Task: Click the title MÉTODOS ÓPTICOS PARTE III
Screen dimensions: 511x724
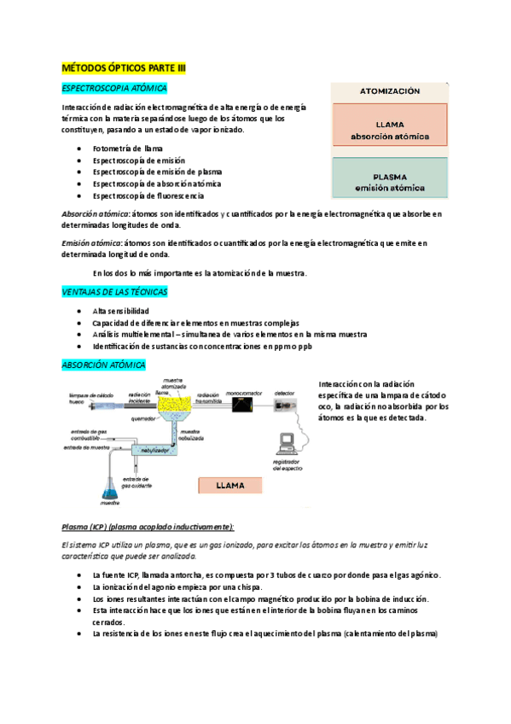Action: (x=124, y=67)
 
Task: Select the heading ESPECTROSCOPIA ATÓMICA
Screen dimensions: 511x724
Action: (x=114, y=88)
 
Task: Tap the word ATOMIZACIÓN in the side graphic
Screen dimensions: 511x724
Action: (x=390, y=90)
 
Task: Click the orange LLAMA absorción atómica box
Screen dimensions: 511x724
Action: (x=390, y=130)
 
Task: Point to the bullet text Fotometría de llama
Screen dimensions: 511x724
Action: (x=126, y=149)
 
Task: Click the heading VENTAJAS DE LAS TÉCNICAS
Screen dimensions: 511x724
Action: (x=114, y=292)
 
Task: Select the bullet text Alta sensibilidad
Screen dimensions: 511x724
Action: (x=121, y=312)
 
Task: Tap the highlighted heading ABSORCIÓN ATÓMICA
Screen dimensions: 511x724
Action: (x=104, y=365)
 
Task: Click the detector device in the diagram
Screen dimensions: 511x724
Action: (x=284, y=407)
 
